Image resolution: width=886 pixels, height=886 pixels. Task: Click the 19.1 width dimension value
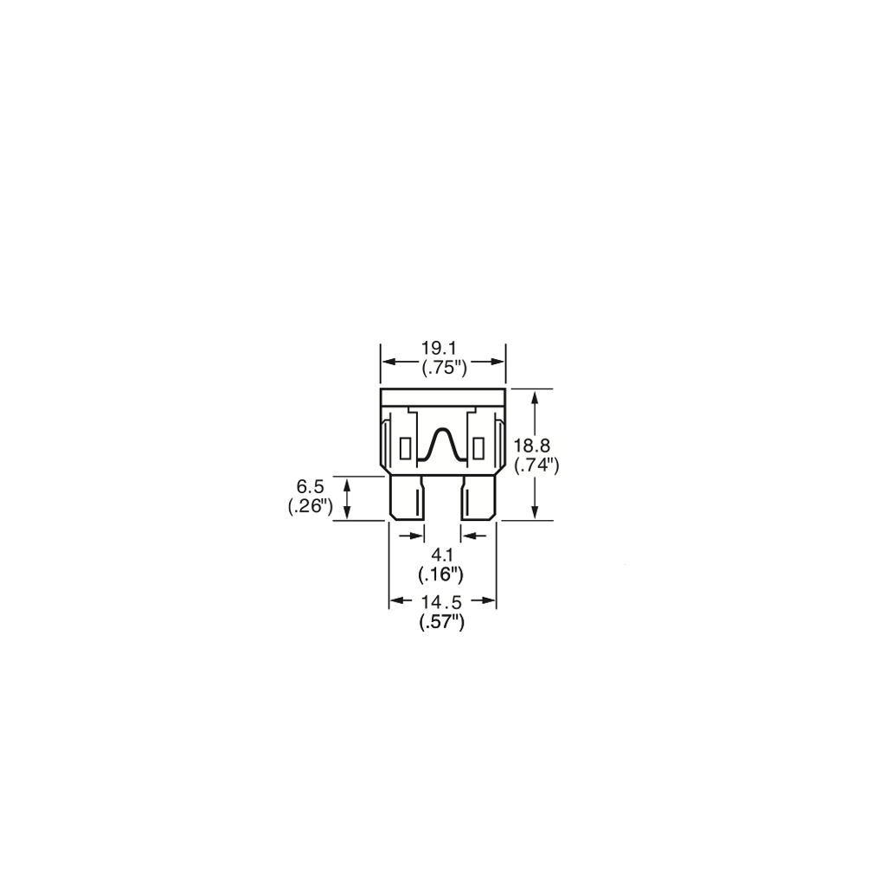coord(442,348)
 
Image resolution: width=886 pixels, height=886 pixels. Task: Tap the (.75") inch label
coord(445,369)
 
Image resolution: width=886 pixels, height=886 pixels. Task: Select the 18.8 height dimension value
coord(532,446)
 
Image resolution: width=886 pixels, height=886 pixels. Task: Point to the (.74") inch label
coord(536,466)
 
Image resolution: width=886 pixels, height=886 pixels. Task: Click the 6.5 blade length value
coord(311,486)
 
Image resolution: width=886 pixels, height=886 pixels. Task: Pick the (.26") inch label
coord(311,507)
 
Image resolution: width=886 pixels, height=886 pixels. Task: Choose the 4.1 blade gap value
coord(440,555)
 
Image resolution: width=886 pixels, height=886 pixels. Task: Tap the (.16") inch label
coord(440,575)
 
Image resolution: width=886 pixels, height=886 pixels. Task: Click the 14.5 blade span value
coord(441,602)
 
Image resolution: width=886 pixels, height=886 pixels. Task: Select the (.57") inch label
coord(442,622)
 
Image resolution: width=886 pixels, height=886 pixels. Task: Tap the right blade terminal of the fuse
coord(478,498)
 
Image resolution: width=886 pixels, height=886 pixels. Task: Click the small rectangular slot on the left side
coord(405,449)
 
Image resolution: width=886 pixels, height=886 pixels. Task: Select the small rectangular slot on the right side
coord(479,449)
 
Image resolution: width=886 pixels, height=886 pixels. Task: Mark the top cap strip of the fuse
coord(442,397)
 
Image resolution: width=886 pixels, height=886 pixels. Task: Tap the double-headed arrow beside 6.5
coord(348,498)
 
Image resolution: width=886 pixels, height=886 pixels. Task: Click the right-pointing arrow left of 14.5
coord(401,601)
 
